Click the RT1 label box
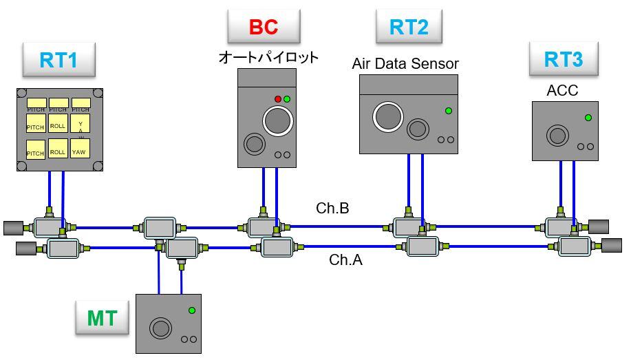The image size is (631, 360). coord(58,60)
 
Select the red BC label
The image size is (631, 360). coord(264,28)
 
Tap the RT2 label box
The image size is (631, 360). coord(409,28)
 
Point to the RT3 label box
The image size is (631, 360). coord(563,59)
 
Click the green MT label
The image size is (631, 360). coord(102,319)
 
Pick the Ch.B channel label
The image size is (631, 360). coord(332,208)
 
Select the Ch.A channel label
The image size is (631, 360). coord(345,260)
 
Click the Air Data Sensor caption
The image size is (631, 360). coord(405,64)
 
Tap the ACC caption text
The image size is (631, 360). coord(562,91)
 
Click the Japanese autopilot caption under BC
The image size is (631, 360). coord(268,58)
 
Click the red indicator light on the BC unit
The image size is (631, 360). coord(279,99)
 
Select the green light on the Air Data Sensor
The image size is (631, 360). coord(449,110)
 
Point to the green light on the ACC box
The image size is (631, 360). coord(588,118)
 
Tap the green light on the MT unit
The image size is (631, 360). coord(191,310)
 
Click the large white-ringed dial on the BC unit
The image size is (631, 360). coord(278,121)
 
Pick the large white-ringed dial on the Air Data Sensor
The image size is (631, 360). coord(387,116)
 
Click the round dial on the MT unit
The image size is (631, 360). coord(161,328)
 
